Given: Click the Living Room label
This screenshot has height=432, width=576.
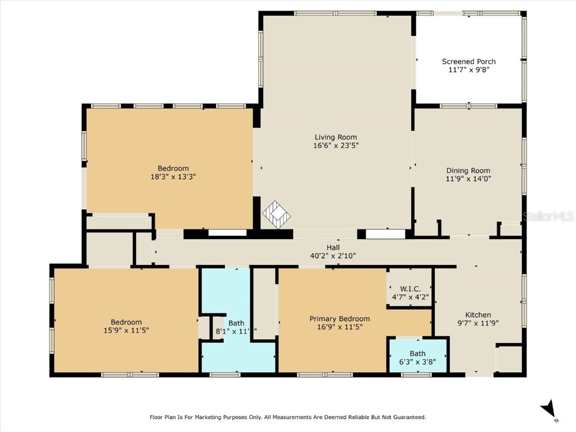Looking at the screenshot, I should pyautogui.click(x=335, y=137).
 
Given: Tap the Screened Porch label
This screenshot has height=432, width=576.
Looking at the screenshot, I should pyautogui.click(x=469, y=62).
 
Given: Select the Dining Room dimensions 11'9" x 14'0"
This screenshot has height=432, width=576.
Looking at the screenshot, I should pyautogui.click(x=468, y=179).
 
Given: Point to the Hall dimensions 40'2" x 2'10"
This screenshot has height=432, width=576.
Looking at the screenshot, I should pyautogui.click(x=333, y=255).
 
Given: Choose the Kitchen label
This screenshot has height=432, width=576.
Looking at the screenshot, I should pyautogui.click(x=478, y=315).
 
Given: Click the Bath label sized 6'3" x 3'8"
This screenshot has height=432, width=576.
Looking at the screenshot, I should pyautogui.click(x=417, y=354).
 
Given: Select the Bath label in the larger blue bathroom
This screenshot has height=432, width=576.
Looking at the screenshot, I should pyautogui.click(x=236, y=323).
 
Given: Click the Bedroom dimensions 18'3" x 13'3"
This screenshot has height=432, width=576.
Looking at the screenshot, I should pyautogui.click(x=173, y=177).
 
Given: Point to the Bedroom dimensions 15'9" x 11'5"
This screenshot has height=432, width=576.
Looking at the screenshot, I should pyautogui.click(x=126, y=330).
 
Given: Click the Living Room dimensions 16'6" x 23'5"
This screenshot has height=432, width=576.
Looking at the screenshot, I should pyautogui.click(x=335, y=145).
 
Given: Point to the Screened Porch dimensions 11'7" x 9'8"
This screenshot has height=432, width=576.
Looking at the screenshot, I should pyautogui.click(x=469, y=70).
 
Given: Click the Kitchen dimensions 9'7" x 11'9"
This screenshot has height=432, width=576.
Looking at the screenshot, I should pyautogui.click(x=478, y=323).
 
